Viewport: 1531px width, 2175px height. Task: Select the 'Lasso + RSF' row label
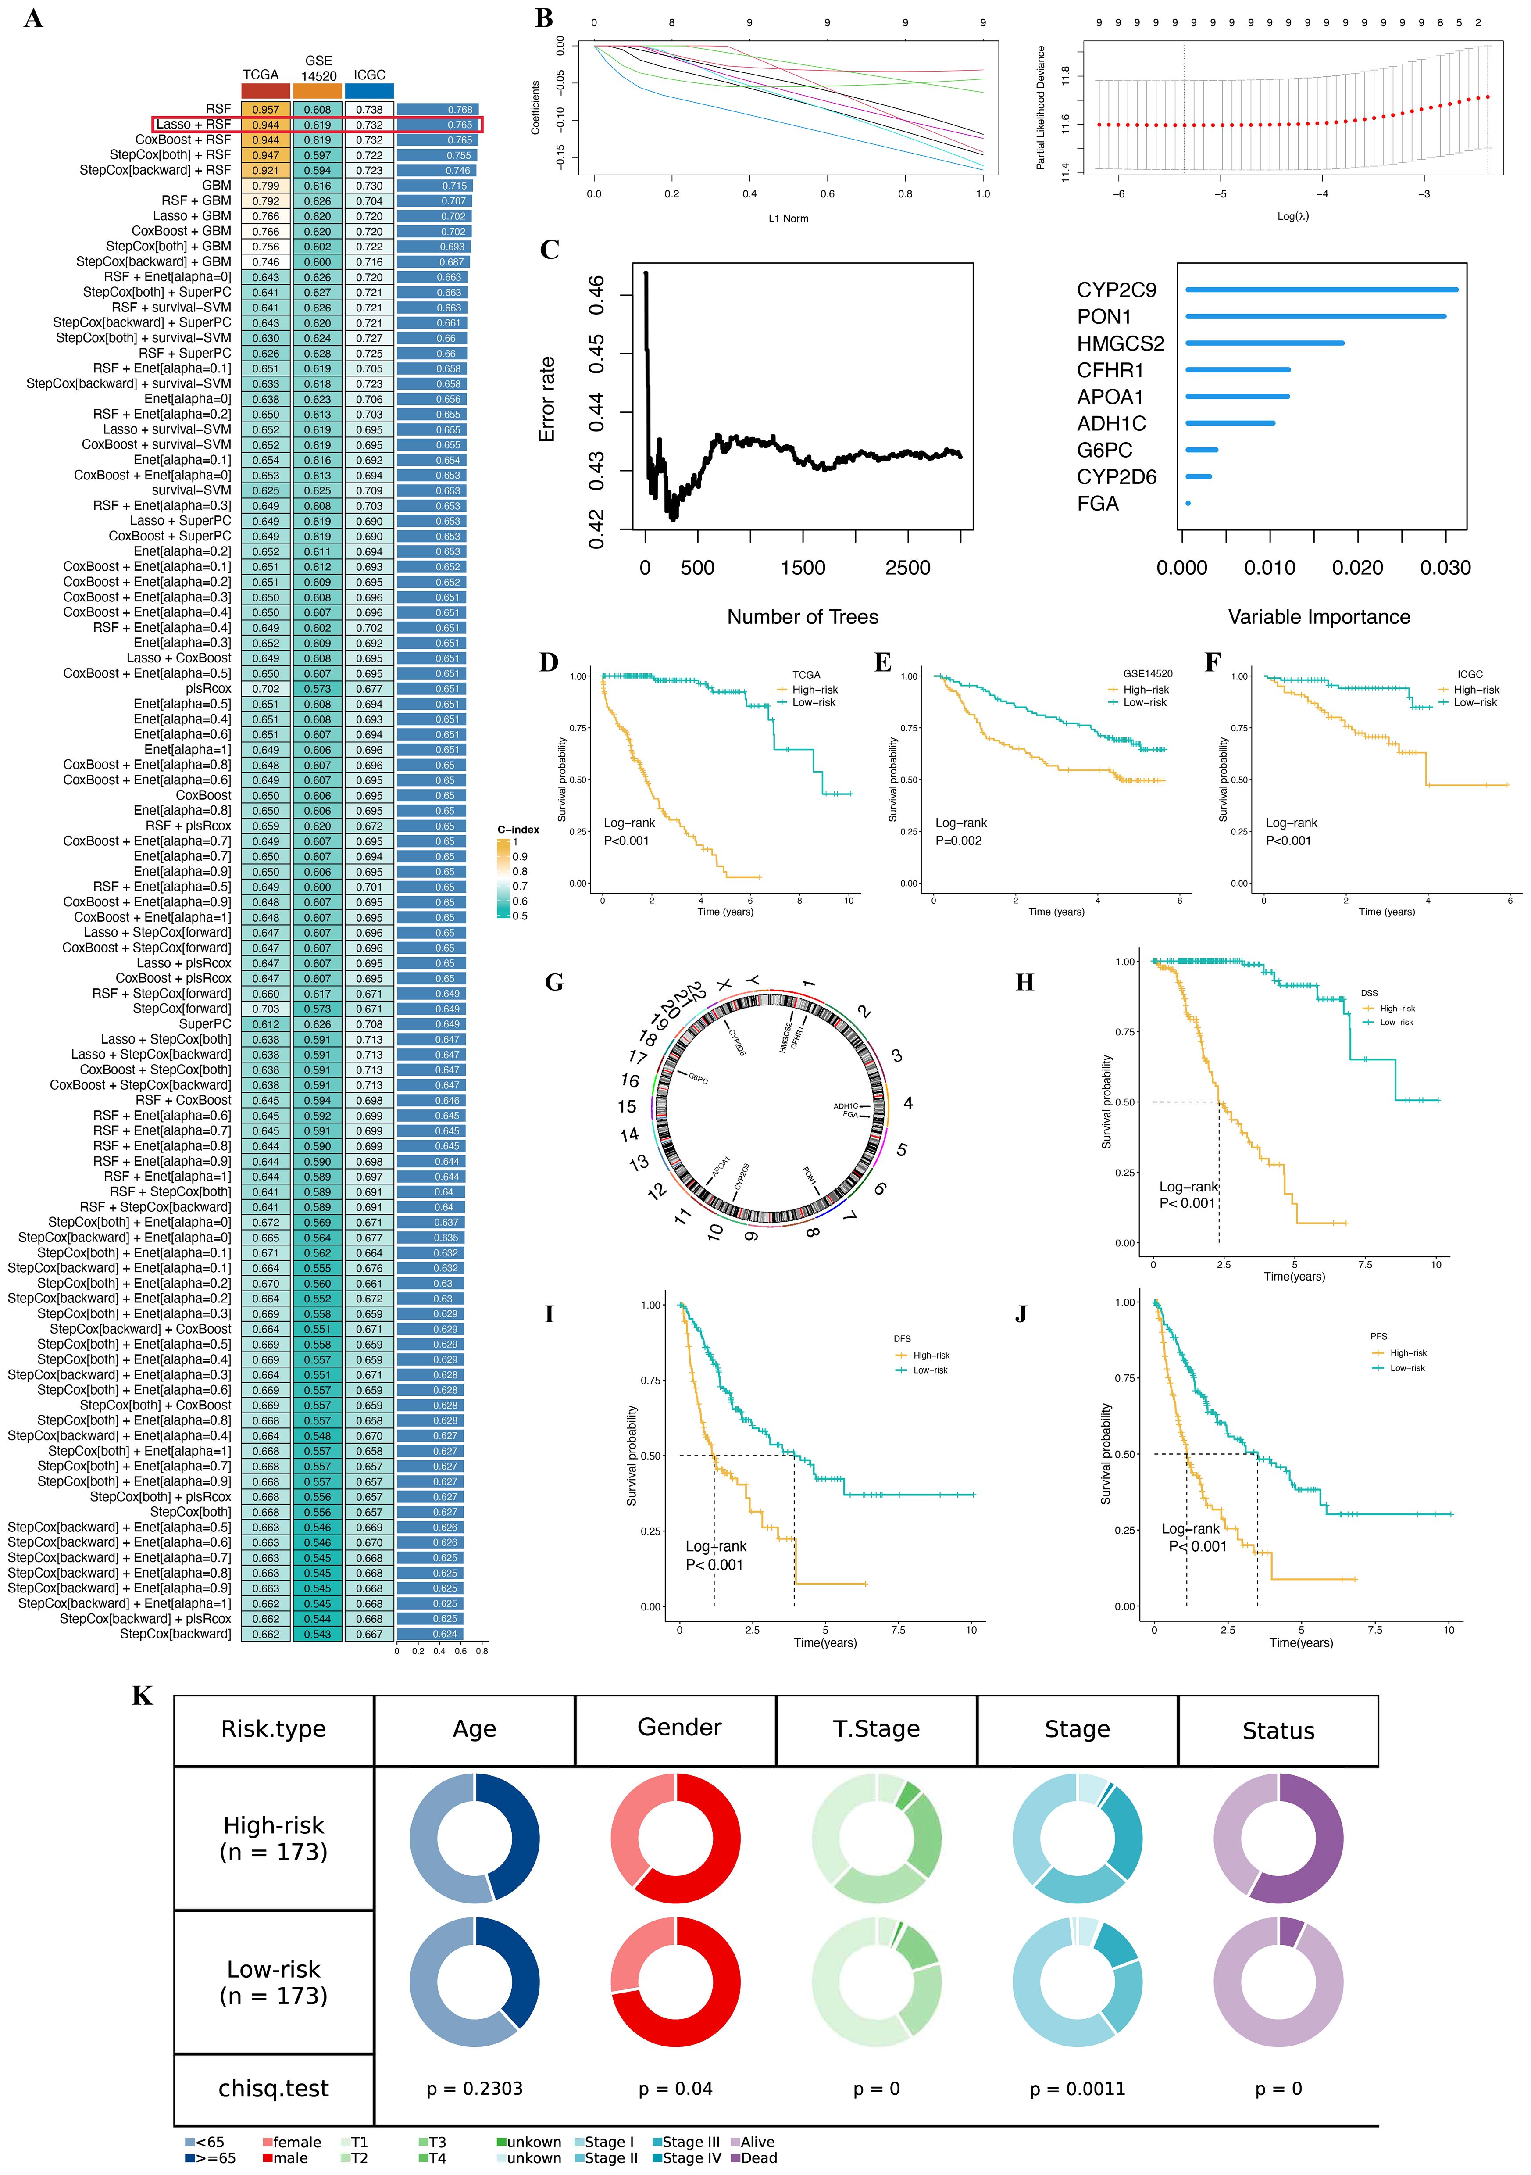193,124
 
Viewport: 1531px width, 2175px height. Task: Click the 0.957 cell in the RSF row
265,109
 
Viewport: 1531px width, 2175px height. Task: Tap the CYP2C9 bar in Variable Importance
1321,290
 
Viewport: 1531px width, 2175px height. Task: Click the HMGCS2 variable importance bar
1264,343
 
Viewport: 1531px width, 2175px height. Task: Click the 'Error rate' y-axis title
546,399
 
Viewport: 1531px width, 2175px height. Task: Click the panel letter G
554,982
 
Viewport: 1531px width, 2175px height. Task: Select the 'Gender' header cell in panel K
679,1727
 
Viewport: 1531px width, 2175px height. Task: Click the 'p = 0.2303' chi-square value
475,2088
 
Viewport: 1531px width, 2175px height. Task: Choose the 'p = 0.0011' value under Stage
1078,2088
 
